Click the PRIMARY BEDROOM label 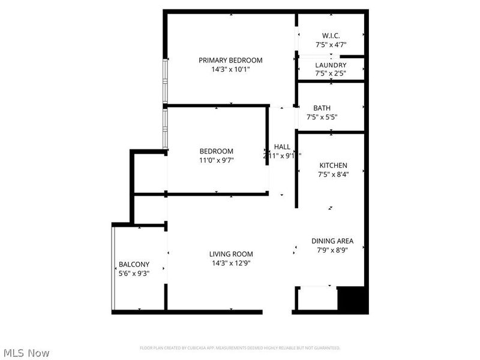tap(231, 60)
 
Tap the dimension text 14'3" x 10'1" tap(231, 69)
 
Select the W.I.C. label tap(331, 36)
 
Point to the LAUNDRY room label tap(331, 65)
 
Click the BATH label tap(322, 108)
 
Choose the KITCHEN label tap(333, 166)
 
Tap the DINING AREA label tap(332, 241)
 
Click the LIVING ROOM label tap(231, 254)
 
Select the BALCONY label tap(134, 264)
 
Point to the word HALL tap(282, 147)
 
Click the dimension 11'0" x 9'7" tap(217, 160)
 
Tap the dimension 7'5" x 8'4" tap(333, 175)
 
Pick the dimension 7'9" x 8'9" tap(332, 250)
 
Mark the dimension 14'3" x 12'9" tap(231, 262)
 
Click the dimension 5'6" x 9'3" tap(134, 273)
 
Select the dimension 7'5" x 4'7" tap(331, 45)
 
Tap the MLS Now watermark tap(26, 353)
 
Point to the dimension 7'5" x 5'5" tap(322, 117)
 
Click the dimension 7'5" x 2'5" tap(331, 73)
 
